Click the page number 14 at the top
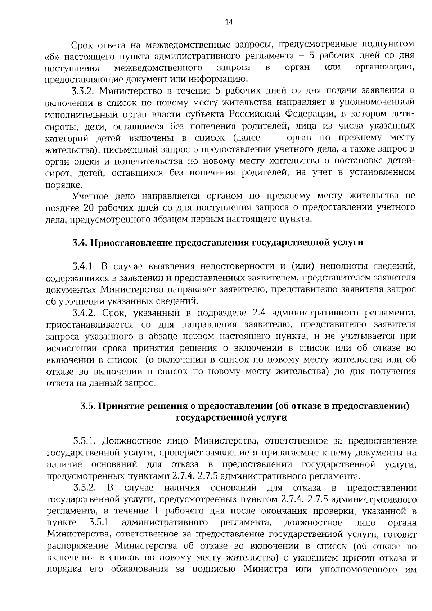(x=229, y=22)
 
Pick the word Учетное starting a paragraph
(x=90, y=196)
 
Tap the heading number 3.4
(x=79, y=243)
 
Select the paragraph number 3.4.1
(x=84, y=266)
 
